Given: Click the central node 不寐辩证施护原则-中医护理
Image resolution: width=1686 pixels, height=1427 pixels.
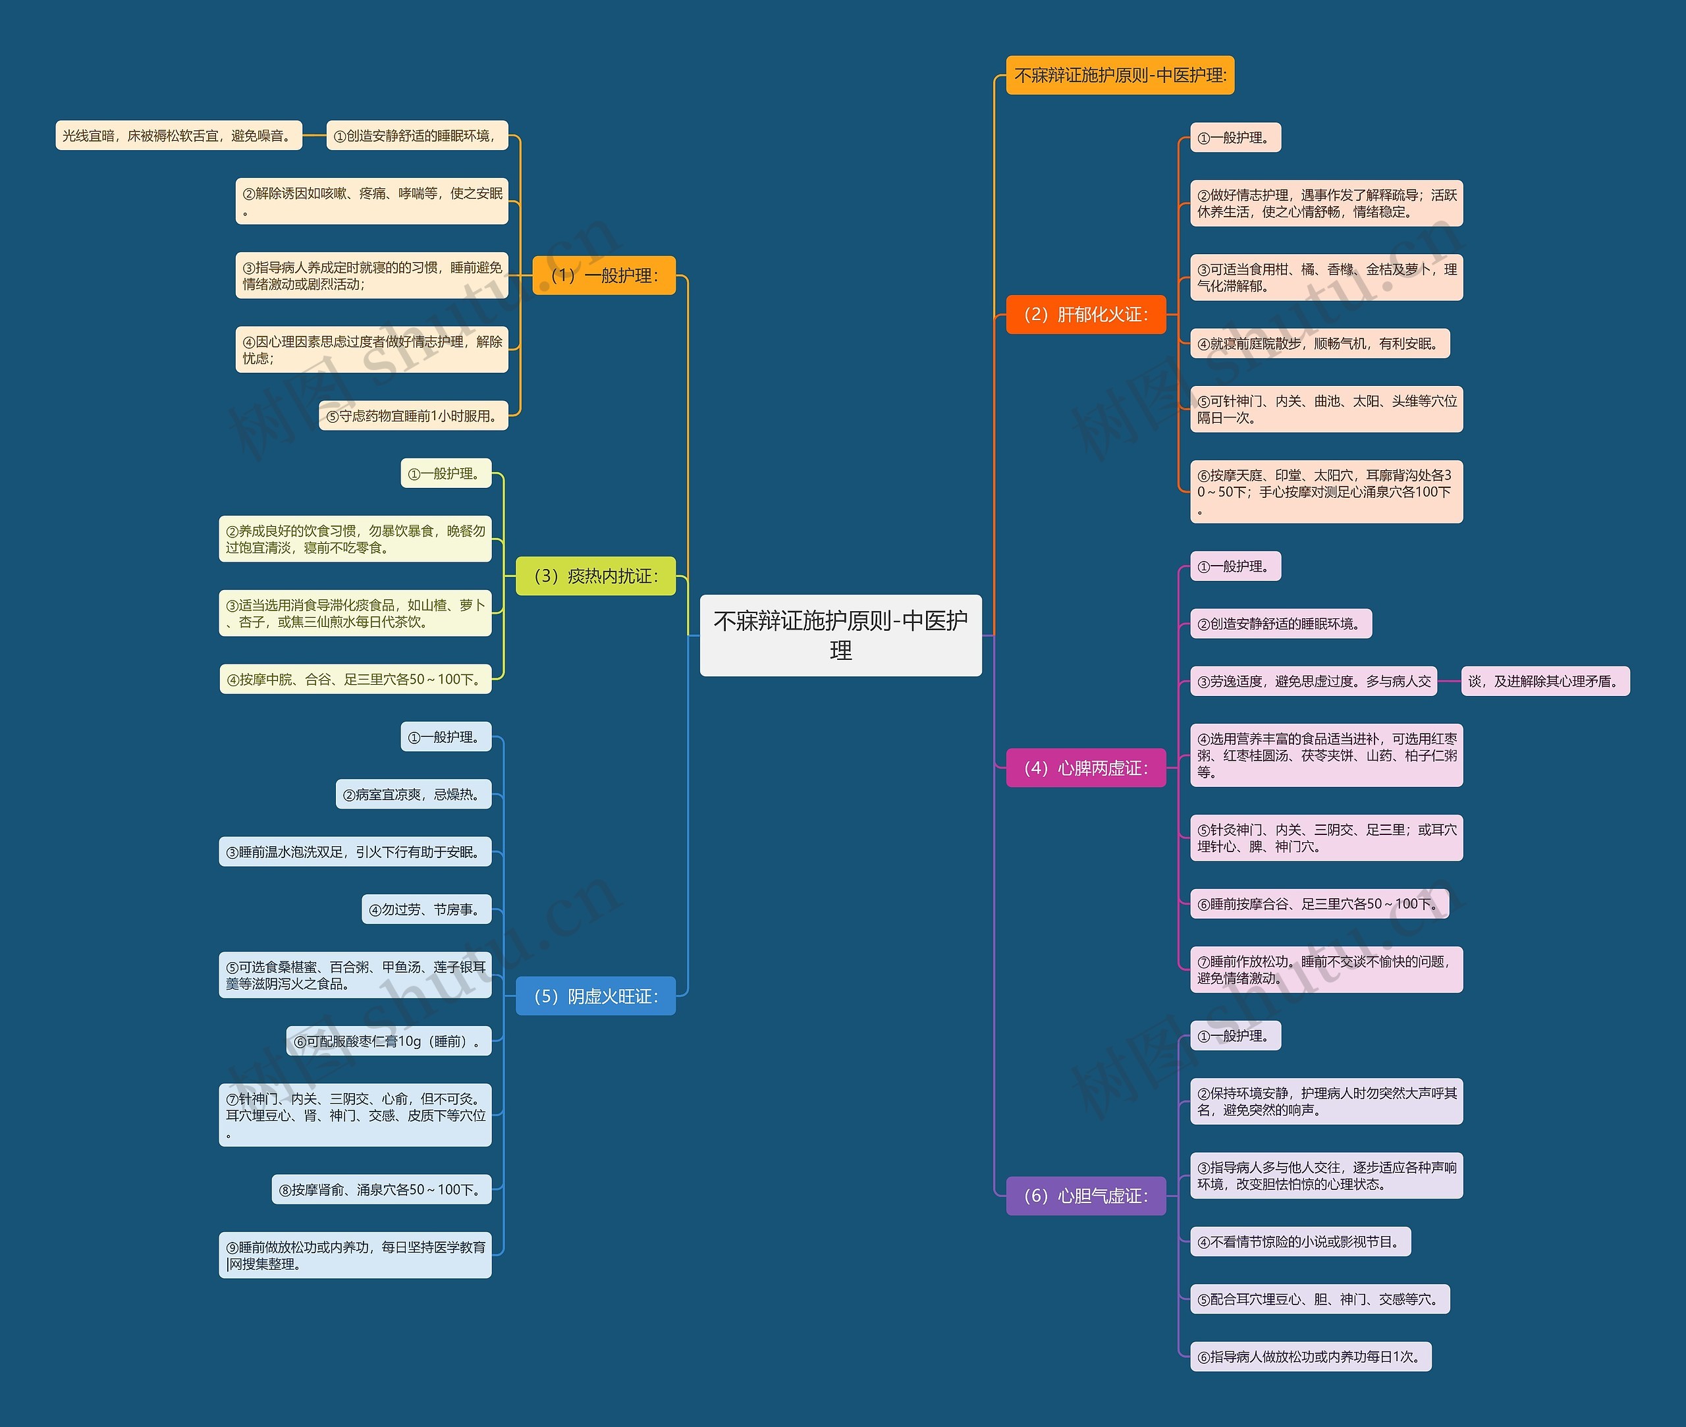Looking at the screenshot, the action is click(840, 635).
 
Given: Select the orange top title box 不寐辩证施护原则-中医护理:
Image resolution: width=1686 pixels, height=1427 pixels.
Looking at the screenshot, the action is click(1120, 75).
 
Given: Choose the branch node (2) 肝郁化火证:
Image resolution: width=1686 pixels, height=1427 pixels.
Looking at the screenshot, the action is click(1086, 314).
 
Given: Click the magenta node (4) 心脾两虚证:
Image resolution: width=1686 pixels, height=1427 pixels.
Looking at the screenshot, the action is click(1086, 768).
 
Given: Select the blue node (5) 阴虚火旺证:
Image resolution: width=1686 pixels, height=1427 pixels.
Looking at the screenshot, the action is click(595, 996).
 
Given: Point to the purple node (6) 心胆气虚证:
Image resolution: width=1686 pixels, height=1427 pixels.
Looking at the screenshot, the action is click(1086, 1196).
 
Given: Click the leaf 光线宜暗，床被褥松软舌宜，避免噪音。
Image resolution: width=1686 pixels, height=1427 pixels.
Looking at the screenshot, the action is click(178, 135).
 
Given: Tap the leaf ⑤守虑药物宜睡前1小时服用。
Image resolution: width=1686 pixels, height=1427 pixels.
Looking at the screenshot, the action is click(414, 416).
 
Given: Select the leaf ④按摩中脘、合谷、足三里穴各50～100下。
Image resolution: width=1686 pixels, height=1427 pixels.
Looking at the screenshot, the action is click(356, 680).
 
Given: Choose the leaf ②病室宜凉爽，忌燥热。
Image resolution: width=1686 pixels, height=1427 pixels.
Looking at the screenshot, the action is click(414, 794).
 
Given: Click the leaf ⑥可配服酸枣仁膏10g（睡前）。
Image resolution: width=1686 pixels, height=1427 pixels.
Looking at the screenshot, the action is click(389, 1041).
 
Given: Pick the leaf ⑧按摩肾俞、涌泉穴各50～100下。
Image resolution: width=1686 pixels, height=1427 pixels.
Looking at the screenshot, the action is click(381, 1189).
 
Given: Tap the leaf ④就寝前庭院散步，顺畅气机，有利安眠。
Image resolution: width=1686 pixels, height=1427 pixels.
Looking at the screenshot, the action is click(1320, 343).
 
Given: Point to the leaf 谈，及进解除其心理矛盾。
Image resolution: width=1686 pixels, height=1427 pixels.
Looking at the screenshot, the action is click(1546, 681).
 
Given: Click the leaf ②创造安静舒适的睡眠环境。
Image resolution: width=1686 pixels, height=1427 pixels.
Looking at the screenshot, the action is click(1282, 624).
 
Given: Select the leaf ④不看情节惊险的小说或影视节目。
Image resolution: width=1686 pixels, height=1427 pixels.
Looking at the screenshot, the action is click(1301, 1242).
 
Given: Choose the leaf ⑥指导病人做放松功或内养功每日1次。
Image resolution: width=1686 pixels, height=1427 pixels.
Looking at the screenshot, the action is click(1311, 1357).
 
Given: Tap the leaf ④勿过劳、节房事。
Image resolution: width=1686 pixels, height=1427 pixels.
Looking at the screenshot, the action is click(426, 909).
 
